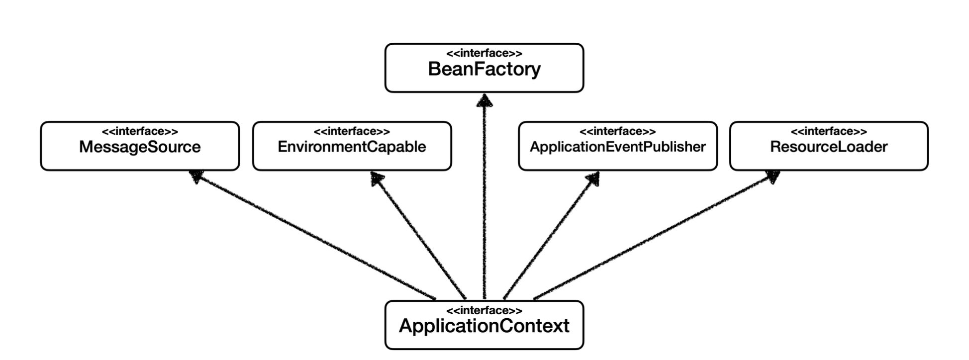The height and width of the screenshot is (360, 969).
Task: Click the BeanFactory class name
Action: (x=484, y=69)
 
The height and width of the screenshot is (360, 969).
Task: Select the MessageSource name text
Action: (x=140, y=147)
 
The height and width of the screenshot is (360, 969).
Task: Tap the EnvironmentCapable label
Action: (x=352, y=147)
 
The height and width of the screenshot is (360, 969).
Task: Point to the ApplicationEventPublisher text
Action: (x=617, y=147)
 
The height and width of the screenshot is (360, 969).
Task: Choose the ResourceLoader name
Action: (x=828, y=147)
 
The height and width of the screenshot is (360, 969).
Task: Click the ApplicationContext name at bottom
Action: (x=484, y=326)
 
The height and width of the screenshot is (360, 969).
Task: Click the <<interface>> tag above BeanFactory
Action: (x=484, y=54)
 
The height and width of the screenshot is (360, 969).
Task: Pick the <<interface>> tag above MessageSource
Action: (x=140, y=132)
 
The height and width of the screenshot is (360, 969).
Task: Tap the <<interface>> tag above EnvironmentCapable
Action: (x=352, y=132)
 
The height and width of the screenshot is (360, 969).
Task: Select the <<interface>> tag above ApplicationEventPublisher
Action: (x=617, y=132)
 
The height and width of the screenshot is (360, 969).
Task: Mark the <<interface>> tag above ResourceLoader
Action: (x=828, y=132)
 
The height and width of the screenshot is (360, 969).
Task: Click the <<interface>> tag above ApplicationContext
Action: (x=484, y=311)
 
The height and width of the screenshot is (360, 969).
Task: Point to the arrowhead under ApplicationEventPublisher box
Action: (x=593, y=178)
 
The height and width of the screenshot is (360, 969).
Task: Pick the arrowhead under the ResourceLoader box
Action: (x=773, y=176)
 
